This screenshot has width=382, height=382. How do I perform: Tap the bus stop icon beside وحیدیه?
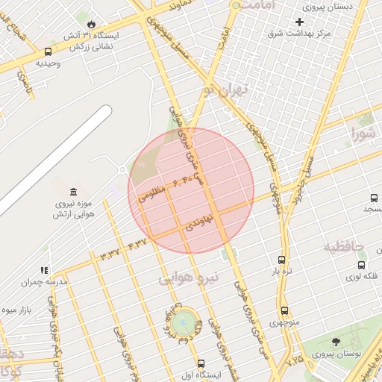pyautogui.click(x=48, y=51)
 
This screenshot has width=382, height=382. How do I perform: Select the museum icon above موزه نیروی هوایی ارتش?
pyautogui.click(x=72, y=192)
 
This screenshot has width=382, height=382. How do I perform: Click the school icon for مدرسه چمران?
pyautogui.click(x=44, y=270)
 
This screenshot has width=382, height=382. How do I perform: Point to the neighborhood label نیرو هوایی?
pyautogui.click(x=190, y=278)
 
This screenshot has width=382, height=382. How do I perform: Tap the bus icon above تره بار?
pyautogui.click(x=281, y=260)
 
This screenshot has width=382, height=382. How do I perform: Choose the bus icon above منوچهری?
pyautogui.click(x=284, y=311)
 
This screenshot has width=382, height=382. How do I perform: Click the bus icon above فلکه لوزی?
pyautogui.click(x=362, y=264)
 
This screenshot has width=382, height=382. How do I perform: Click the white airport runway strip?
pyautogui.click(x=52, y=160)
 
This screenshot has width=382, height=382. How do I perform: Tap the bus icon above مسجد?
pyautogui.click(x=374, y=198)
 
